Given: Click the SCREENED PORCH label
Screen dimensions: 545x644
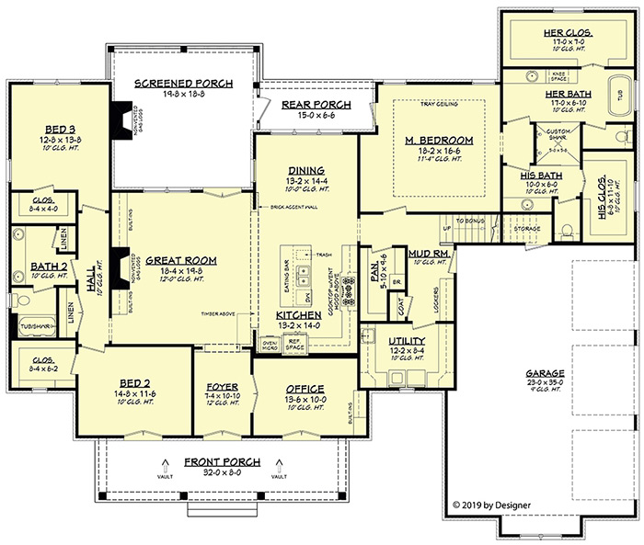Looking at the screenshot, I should coord(183,84).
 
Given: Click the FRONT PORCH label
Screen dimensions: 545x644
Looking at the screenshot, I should coord(222,461).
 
